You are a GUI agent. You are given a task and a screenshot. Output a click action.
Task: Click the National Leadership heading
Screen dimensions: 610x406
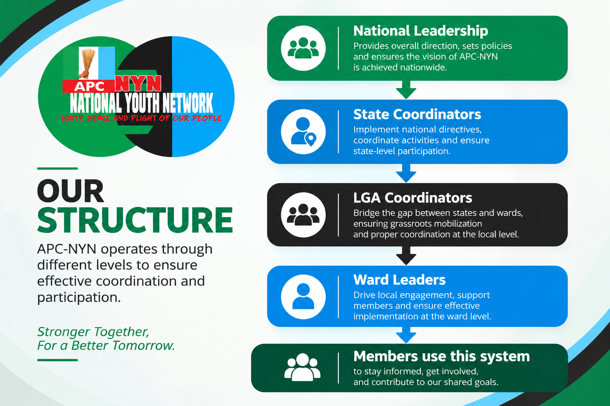[421, 31]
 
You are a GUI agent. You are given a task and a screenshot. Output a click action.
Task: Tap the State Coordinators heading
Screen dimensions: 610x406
[417, 114]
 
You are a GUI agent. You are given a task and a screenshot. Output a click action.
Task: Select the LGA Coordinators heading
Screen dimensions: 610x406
[413, 198]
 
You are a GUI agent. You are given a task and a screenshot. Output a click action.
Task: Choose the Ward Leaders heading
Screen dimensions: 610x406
[399, 280]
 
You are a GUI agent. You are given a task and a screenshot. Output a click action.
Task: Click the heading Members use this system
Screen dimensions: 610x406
[442, 356]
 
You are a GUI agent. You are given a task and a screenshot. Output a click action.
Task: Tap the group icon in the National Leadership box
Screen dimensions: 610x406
[303, 48]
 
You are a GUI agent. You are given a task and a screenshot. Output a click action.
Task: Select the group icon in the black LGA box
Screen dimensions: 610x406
[303, 215]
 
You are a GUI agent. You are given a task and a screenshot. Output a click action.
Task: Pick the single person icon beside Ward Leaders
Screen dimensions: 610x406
[303, 297]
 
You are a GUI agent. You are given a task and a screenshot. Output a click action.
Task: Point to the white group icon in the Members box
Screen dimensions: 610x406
[302, 367]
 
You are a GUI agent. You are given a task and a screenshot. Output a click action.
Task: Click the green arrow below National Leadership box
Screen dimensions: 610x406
[406, 90]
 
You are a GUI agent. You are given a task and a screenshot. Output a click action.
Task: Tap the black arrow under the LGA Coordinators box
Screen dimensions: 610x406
[406, 256]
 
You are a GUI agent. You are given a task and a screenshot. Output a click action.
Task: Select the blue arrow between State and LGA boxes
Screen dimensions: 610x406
[406, 173]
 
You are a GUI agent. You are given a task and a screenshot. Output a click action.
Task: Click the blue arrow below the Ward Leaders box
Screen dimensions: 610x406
[406, 335]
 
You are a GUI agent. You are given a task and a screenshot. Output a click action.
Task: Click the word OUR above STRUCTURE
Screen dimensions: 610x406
[70, 191]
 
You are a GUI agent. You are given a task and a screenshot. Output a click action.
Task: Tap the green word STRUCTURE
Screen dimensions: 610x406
[135, 220]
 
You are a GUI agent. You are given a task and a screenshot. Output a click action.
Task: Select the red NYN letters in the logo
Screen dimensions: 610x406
[138, 83]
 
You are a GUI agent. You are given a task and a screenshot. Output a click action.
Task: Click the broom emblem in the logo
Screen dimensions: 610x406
[87, 63]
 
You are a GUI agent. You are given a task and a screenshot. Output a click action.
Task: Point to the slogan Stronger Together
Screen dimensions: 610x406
[93, 331]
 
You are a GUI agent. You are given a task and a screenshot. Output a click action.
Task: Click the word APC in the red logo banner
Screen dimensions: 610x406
[89, 86]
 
